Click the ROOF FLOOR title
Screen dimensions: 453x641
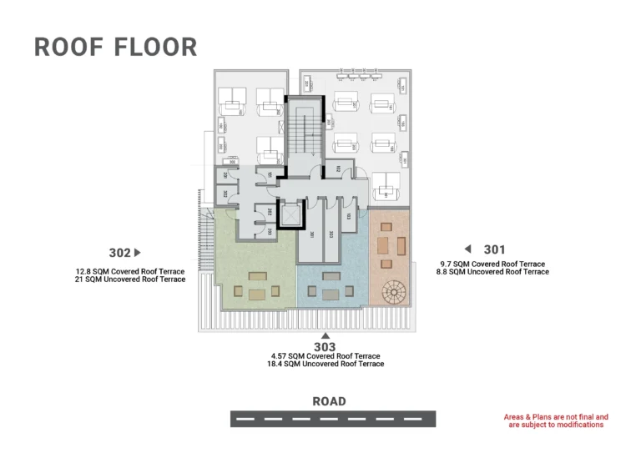pyautogui.click(x=115, y=47)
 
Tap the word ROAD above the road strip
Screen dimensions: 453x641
pyautogui.click(x=329, y=401)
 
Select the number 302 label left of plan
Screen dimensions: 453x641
pyautogui.click(x=119, y=253)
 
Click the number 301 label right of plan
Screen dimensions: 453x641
pyautogui.click(x=494, y=249)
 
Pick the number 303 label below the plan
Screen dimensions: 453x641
pyautogui.click(x=325, y=346)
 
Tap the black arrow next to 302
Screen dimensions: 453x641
pyautogui.click(x=138, y=253)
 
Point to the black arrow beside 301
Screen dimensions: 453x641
pyautogui.click(x=468, y=249)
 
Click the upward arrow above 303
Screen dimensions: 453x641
pyautogui.click(x=325, y=335)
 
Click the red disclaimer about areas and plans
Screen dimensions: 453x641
pyautogui.click(x=556, y=420)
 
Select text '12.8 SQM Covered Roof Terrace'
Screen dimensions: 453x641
pyautogui.click(x=129, y=271)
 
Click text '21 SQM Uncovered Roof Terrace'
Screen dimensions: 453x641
pyautogui.click(x=129, y=279)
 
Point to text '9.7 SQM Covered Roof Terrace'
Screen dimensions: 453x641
pyautogui.click(x=492, y=264)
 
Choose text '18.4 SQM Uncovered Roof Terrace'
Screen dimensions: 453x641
pyautogui.click(x=326, y=364)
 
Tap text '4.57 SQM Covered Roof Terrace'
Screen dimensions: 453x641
pyautogui.click(x=326, y=356)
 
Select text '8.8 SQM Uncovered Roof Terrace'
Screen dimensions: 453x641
pyautogui.click(x=492, y=272)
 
